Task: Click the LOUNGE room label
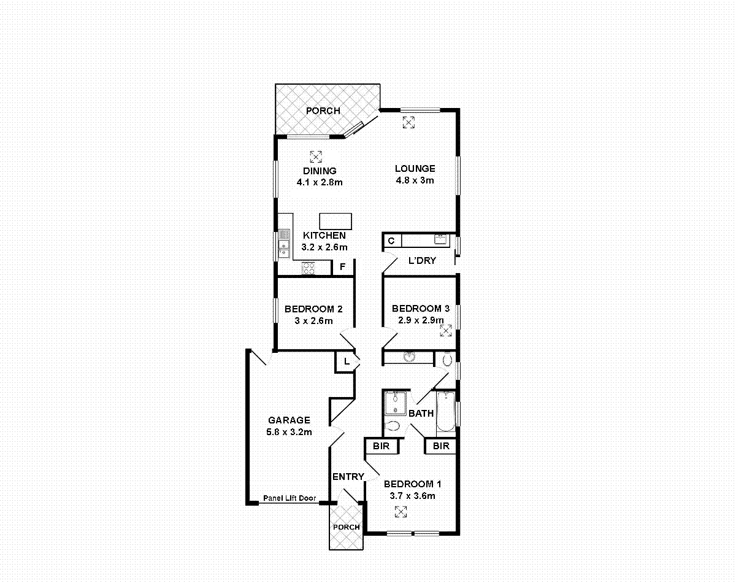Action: pyautogui.click(x=415, y=169)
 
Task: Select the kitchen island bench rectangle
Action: pyautogui.click(x=335, y=221)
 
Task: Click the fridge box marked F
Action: pyautogui.click(x=343, y=267)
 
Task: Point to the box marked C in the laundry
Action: pyautogui.click(x=391, y=241)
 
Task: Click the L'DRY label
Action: pyautogui.click(x=422, y=260)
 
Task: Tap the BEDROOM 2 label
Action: pyautogui.click(x=310, y=309)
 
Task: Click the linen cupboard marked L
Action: pyautogui.click(x=346, y=361)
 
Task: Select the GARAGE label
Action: pyautogui.click(x=289, y=420)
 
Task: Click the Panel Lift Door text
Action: pyautogui.click(x=289, y=498)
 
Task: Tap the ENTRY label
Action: pyautogui.click(x=348, y=477)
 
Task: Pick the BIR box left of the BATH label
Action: pyautogui.click(x=381, y=446)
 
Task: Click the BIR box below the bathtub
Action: pyautogui.click(x=441, y=446)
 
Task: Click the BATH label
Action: pyautogui.click(x=421, y=414)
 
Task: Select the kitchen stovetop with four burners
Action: pyautogui.click(x=308, y=268)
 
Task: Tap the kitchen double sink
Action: pyautogui.click(x=284, y=242)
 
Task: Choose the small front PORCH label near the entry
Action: pyautogui.click(x=347, y=527)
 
